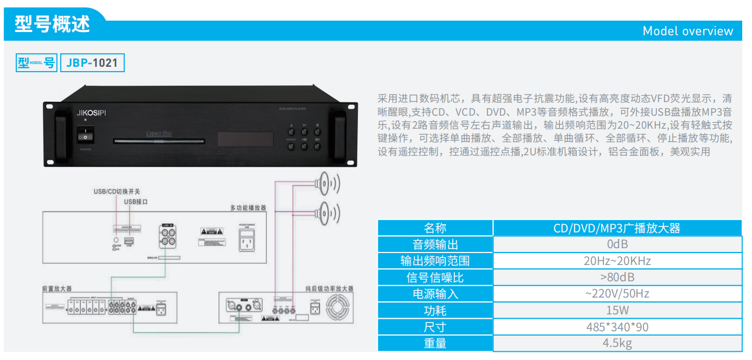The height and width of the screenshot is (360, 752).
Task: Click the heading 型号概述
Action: (52, 24)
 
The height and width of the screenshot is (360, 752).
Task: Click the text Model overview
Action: (687, 31)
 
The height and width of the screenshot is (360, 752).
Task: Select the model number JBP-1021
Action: (92, 63)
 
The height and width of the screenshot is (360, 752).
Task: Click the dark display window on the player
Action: (245, 139)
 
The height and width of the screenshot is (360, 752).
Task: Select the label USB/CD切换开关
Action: (117, 192)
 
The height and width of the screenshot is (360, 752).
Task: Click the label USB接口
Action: (136, 201)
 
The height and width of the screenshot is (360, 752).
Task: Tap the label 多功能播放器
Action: (248, 208)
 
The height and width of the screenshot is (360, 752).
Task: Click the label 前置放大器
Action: (56, 288)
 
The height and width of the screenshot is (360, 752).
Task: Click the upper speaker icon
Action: (326, 184)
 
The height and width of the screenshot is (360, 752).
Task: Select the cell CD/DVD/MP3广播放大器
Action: (617, 228)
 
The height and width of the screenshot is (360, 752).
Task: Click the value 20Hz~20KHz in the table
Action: (617, 261)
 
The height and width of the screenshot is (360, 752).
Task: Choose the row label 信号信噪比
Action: (435, 277)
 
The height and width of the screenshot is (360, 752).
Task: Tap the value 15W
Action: (617, 311)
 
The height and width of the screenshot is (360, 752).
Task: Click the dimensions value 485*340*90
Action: (617, 327)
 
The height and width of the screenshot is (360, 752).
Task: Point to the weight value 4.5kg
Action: (617, 343)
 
